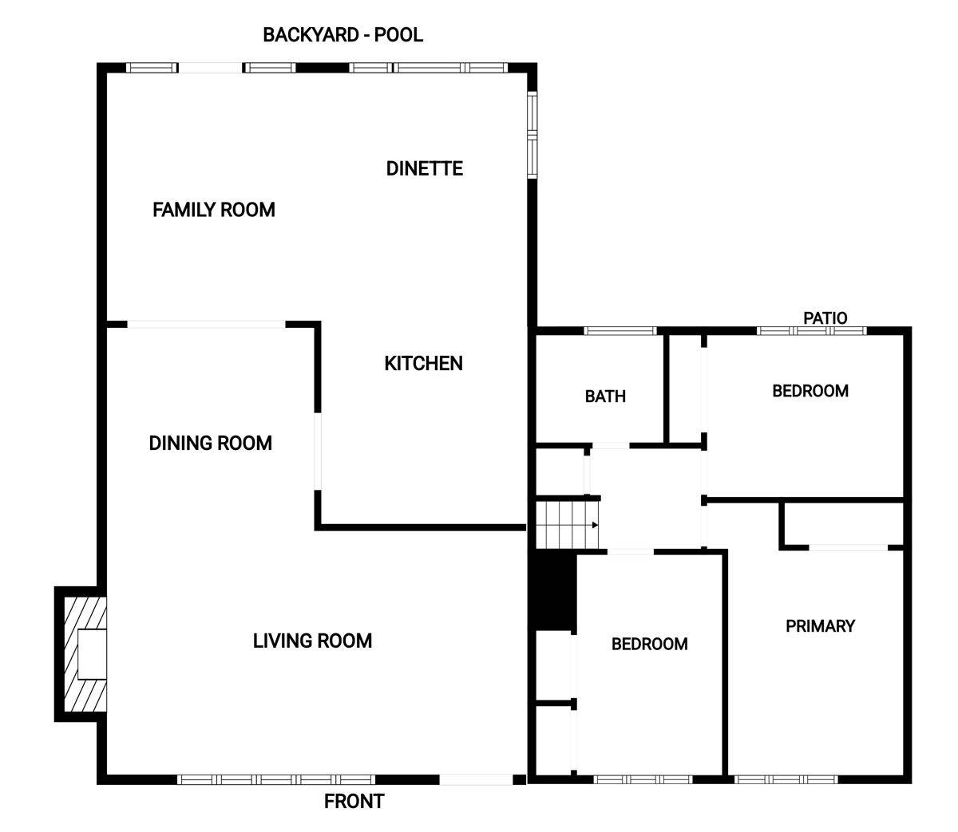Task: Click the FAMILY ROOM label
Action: (213, 210)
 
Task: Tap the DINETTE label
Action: (424, 168)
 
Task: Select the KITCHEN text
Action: (423, 364)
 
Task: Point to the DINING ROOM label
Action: (210, 444)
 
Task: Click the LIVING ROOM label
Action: (312, 641)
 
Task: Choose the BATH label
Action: (605, 396)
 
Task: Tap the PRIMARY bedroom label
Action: (820, 626)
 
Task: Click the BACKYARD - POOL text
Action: (342, 35)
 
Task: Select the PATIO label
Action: (825, 318)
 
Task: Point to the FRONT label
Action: (354, 802)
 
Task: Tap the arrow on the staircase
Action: (595, 525)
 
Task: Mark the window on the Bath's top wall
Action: (620, 330)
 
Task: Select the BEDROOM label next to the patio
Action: (810, 391)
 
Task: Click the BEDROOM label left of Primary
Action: (649, 644)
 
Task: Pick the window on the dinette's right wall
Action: (532, 134)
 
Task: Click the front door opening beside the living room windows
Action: (476, 779)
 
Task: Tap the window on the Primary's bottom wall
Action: (786, 779)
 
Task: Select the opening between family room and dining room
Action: (206, 324)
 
